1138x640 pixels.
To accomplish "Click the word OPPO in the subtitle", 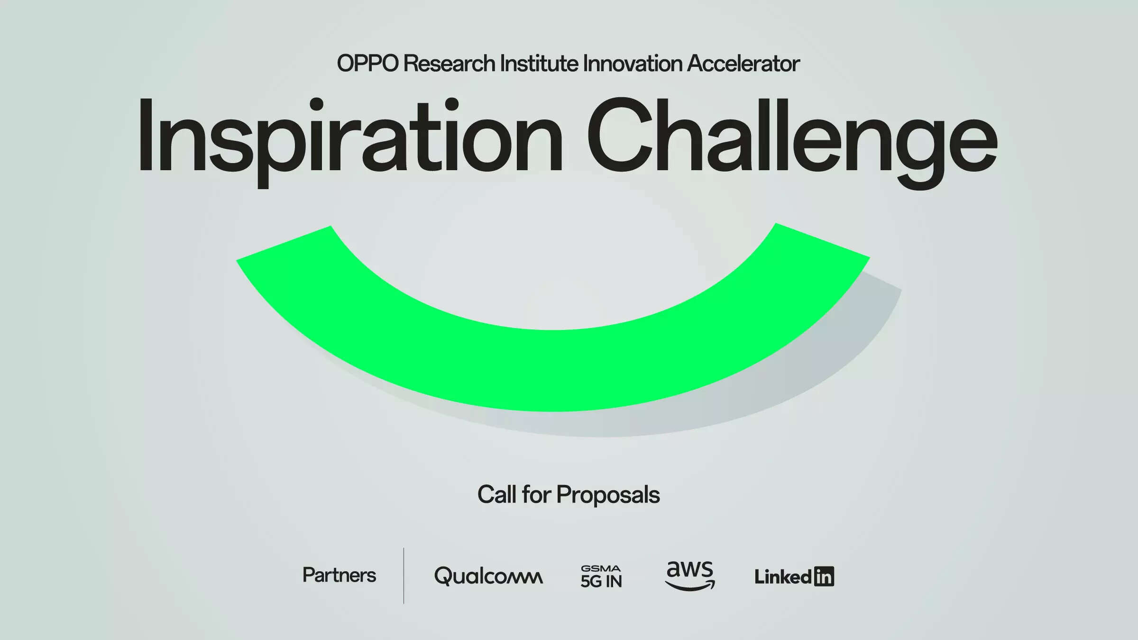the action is pos(367,64).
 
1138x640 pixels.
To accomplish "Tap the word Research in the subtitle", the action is pos(450,64).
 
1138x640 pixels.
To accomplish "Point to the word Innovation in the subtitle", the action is pos(633,64).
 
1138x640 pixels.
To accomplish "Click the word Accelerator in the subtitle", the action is pos(743,64).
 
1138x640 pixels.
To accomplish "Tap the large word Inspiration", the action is pos(349,142).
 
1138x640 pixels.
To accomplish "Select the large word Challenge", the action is pos(792,142).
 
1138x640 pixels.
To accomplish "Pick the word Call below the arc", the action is pos(496,494).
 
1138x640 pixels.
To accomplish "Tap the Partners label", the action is pos(339,575).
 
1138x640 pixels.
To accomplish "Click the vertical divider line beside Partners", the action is pos(404,576).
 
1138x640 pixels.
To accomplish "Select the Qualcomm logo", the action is pos(488,576).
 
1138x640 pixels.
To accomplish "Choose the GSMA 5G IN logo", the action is pos(601,576).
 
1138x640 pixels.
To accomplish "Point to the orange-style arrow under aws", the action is pos(690,586).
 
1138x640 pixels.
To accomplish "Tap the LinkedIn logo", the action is pos(794,577).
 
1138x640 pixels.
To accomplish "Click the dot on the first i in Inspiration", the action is pos(316,105).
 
